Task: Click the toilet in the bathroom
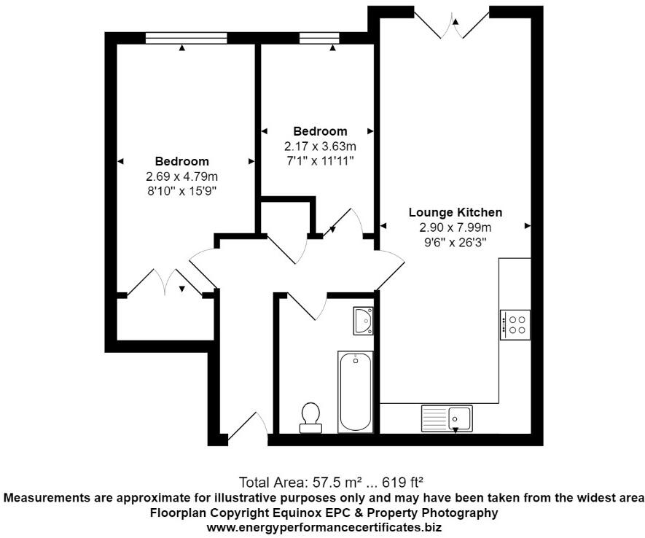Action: [x=310, y=414]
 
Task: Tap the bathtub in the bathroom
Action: [x=355, y=391]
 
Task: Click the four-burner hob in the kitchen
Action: [x=515, y=324]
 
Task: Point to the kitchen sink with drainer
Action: [x=447, y=418]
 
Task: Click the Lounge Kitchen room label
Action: [x=455, y=213]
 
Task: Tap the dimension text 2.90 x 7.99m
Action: [x=455, y=227]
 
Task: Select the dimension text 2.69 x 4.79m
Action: [x=181, y=176]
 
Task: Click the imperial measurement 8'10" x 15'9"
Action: [x=181, y=190]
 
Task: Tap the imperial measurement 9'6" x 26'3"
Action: [x=455, y=241]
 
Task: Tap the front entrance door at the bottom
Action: [x=246, y=429]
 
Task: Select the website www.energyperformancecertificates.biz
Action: [x=324, y=526]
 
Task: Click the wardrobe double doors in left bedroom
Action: [x=165, y=283]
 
